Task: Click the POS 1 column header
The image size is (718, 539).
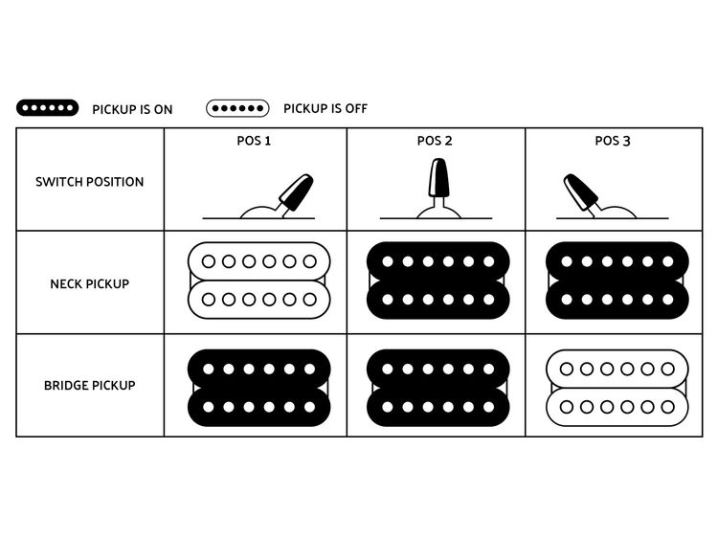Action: coord(255,141)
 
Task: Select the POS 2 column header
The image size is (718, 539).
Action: coord(435,141)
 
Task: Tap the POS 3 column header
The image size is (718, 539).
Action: coord(613,141)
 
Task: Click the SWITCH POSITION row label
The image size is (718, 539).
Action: coord(90,182)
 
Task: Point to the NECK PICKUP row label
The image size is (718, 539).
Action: coord(90,283)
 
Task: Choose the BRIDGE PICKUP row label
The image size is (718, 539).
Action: coord(90,386)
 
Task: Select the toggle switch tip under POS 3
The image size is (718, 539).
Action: coord(579,190)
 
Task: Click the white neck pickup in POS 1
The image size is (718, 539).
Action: coord(258,281)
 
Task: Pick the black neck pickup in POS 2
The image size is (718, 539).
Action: coord(437,281)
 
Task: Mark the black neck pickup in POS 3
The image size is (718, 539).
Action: coord(615,281)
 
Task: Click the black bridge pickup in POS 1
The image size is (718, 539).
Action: coord(258,388)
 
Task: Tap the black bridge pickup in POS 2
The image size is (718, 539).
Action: coord(437,388)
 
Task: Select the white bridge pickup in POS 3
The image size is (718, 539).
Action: coord(615,388)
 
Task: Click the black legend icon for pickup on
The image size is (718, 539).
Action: coord(48,108)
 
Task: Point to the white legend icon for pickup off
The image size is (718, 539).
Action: coord(237,108)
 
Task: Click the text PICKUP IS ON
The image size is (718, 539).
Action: coord(132,109)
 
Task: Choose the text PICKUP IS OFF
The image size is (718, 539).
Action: coord(325,109)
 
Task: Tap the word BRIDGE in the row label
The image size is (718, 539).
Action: coord(67,386)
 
